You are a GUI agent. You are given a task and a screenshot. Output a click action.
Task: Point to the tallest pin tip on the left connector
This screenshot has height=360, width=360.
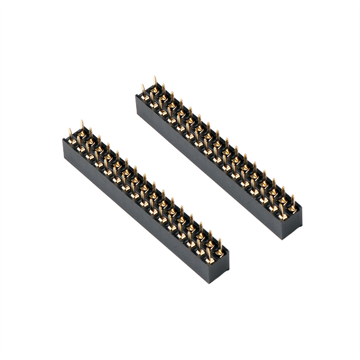[x=82, y=122]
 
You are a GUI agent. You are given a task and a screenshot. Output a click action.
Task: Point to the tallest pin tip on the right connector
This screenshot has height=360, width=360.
[x=155, y=79]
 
